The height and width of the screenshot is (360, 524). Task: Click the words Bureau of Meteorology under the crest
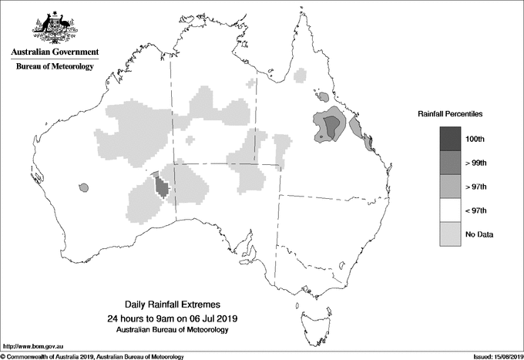coord(54,67)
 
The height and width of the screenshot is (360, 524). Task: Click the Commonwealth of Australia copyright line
coord(92,355)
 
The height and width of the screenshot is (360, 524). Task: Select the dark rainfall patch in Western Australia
coord(162,187)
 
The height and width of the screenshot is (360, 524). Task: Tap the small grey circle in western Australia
coord(84,187)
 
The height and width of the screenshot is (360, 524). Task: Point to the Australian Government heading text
coord(54,52)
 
